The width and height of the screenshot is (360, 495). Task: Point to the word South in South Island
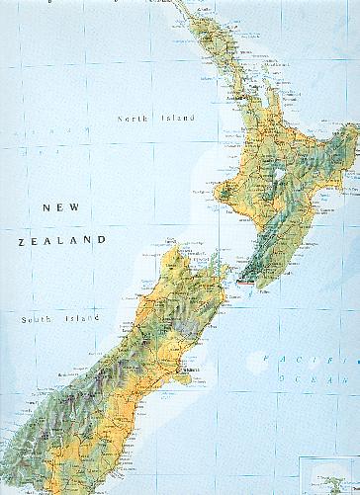[38, 319]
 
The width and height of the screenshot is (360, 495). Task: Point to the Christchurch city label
[190, 372]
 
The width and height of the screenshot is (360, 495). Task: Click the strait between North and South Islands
[223, 267]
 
